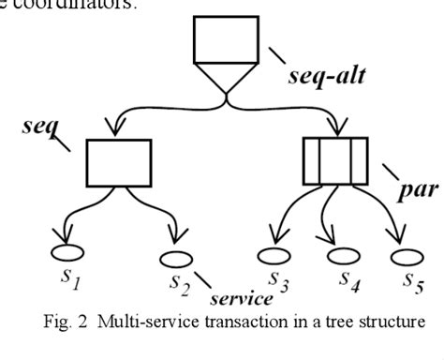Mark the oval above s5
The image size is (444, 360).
[x=403, y=256]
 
